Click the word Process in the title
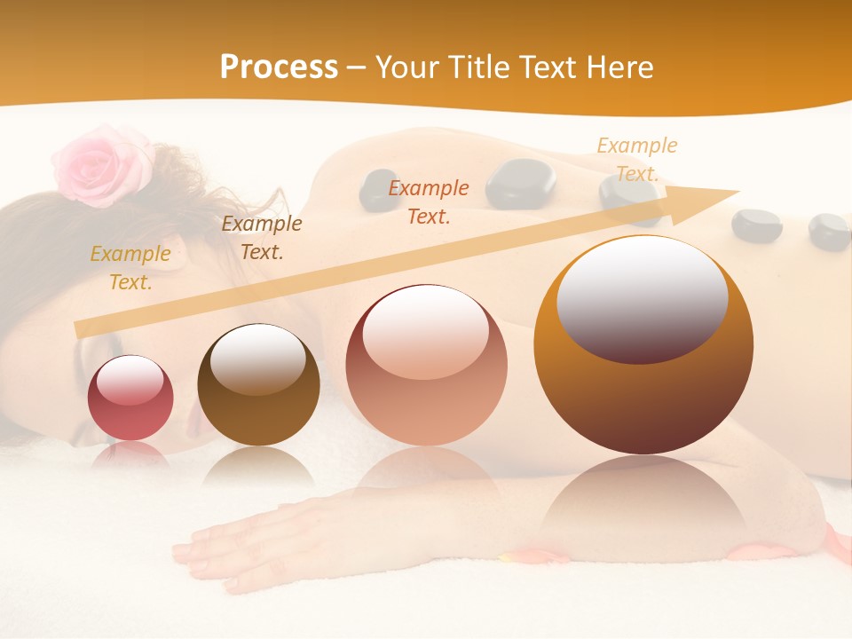click(279, 67)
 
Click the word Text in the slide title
click(550, 67)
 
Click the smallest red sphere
click(130, 398)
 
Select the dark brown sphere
click(258, 385)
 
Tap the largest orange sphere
click(643, 345)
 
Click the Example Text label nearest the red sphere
click(130, 268)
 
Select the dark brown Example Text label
click(262, 238)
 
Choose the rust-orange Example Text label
click(429, 202)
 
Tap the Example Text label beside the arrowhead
click(636, 160)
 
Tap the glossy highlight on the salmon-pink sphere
click(425, 330)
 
